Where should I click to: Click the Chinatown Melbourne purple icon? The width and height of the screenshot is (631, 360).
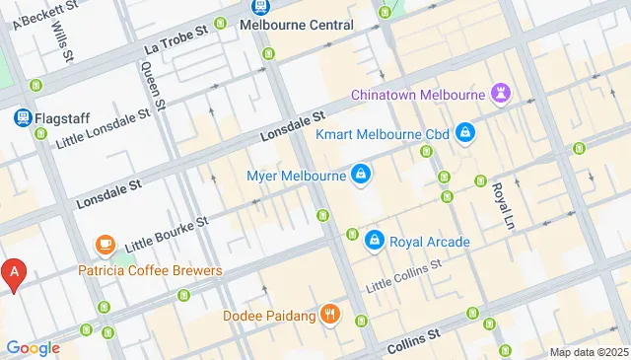coord(503,96)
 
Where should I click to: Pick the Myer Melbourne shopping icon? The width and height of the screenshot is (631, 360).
coord(362,176)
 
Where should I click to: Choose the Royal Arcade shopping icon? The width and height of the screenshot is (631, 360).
coord(375,241)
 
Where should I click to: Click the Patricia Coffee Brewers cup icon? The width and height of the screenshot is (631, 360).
coord(105,244)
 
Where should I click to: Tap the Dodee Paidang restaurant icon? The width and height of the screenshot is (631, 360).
coord(330,316)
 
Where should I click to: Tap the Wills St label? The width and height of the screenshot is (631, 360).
coord(63,39)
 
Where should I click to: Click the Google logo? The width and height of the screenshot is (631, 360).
coord(33,347)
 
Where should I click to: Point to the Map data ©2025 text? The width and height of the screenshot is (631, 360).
coord(588,352)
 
